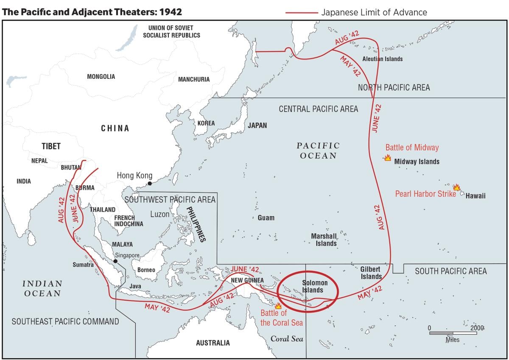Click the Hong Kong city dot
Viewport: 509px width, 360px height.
[149, 184]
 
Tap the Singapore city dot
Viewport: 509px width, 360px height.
[115, 261]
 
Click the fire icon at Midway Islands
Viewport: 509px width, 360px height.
[387, 158]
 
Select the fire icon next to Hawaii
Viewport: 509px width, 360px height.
[456, 187]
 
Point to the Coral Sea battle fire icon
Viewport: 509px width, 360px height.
[278, 305]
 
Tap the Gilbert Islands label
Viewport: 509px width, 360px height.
[371, 273]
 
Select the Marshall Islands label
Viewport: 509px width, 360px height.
[324, 240]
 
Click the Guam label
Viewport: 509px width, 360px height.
[266, 218]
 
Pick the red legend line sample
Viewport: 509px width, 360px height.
[301, 13]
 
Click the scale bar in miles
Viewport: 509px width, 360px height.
[453, 333]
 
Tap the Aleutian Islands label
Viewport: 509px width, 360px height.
[383, 59]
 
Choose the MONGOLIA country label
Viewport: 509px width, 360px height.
[101, 77]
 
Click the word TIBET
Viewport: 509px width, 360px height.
[51, 146]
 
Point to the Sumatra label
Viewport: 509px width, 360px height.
[83, 265]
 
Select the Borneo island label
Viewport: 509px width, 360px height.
[146, 270]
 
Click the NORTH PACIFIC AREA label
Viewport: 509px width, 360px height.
[394, 88]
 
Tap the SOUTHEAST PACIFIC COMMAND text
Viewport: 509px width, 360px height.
[65, 321]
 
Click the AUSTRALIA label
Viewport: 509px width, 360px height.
[213, 343]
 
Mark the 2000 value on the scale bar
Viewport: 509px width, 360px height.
[477, 328]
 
